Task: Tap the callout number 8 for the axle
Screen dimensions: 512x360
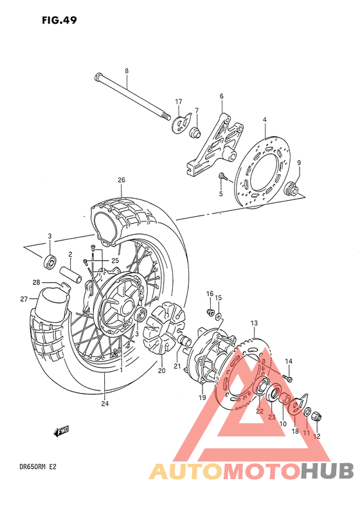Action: [127, 70]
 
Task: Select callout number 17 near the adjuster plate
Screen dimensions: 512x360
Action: [178, 102]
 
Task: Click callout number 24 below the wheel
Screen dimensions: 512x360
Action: [104, 403]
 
